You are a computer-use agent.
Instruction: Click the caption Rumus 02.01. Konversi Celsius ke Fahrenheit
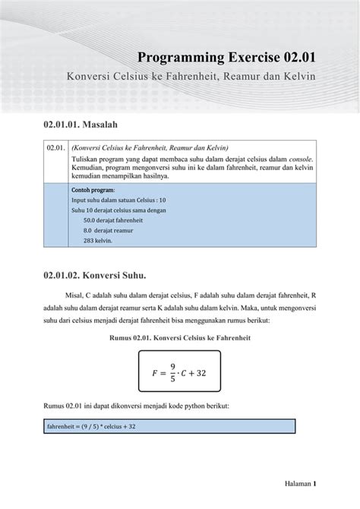179,337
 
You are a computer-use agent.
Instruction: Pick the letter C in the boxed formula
191,374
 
